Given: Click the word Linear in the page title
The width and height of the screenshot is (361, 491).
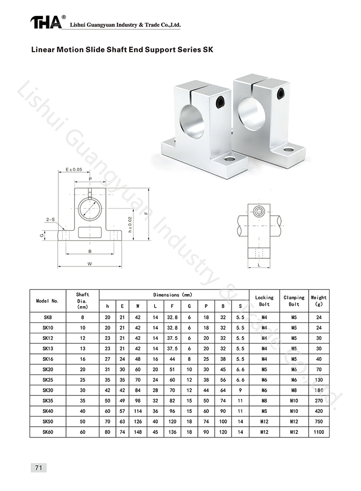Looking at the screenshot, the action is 42,50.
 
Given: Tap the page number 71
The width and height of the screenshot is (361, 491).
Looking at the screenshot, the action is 39,468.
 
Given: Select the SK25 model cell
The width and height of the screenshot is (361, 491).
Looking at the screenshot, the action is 48,380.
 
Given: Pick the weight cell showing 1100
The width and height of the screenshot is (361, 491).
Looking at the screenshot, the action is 319,432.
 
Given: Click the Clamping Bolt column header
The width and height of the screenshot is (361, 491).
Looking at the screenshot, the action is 294,300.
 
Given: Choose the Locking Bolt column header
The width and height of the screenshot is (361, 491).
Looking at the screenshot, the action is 264,300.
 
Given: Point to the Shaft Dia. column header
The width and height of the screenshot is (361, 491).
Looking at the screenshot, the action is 82,300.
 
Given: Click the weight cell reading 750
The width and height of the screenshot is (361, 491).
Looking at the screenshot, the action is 319,422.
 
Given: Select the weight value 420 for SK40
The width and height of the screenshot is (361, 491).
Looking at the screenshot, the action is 319,411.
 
